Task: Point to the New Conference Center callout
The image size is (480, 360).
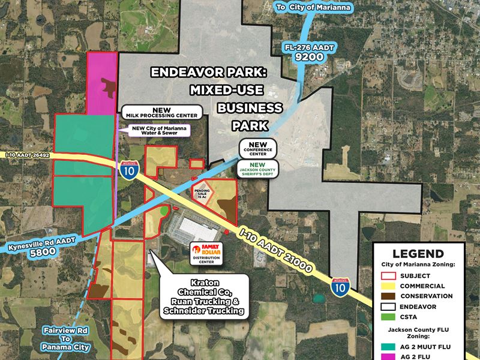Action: pos(259,148)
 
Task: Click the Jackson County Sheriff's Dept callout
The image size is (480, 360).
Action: pos(259,169)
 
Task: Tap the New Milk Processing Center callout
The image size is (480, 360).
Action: pos(162,113)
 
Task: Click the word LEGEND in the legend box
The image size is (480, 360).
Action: pos(418,254)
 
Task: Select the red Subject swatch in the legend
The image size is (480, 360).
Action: pos(389,276)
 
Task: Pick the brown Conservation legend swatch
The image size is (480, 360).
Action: pos(389,296)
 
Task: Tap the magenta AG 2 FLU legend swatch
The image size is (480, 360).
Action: pos(389,355)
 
